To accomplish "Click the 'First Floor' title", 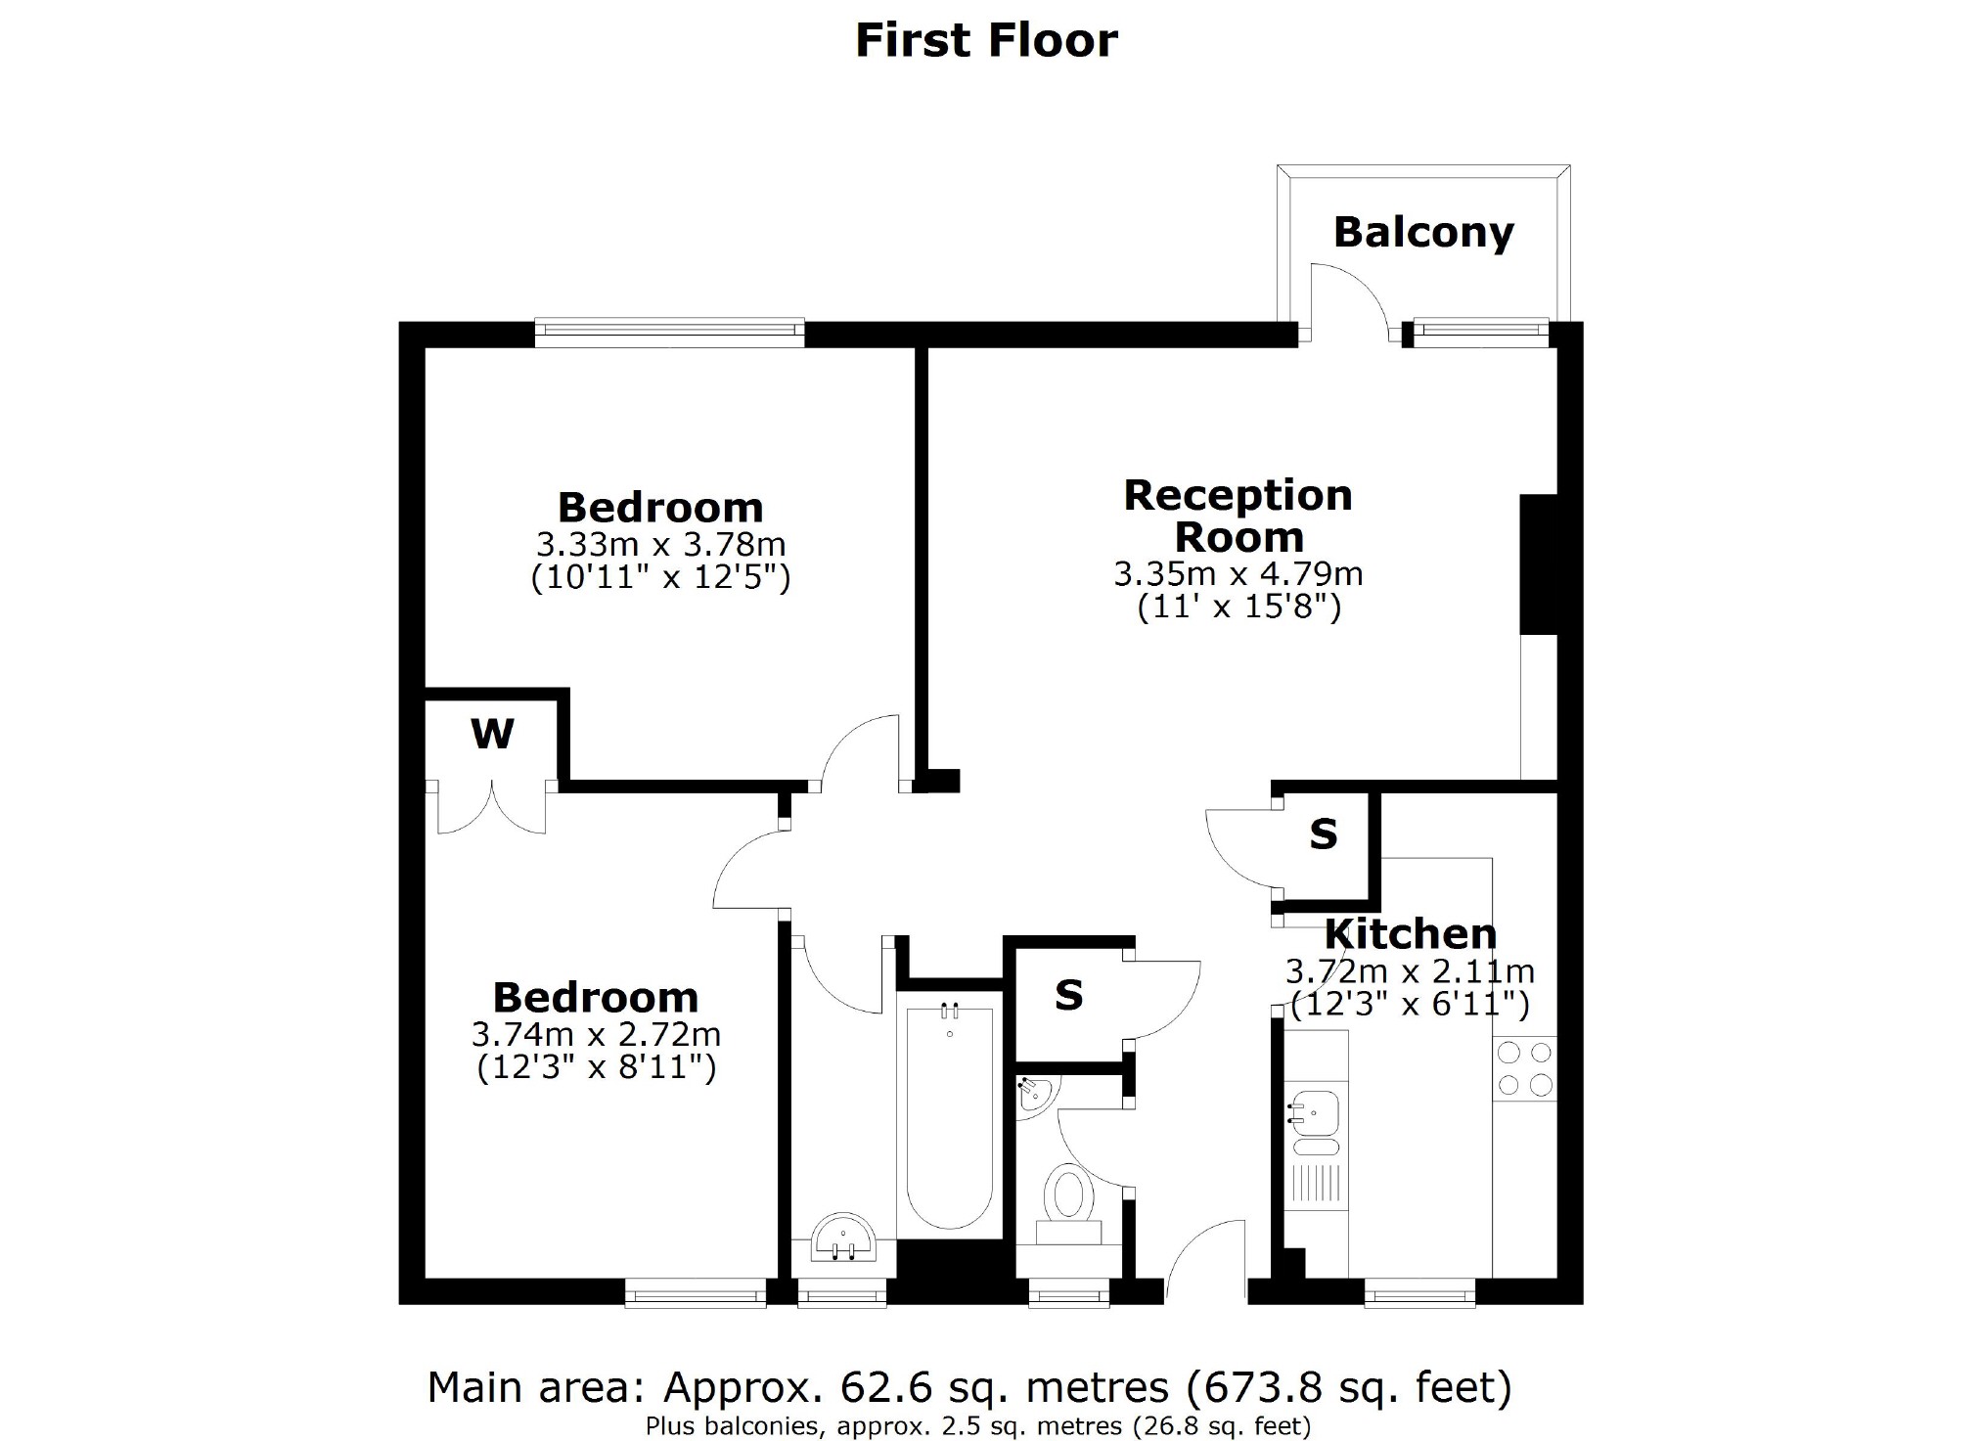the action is pyautogui.click(x=986, y=41).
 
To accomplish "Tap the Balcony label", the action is pyautogui.click(x=1423, y=233).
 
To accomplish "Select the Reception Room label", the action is pyautogui.click(x=1238, y=516).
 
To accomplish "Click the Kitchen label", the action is pyautogui.click(x=1411, y=934).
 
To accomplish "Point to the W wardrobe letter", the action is pyautogui.click(x=492, y=734).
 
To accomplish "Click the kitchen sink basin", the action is pyautogui.click(x=1314, y=1110).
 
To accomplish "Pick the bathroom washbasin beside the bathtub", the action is pyautogui.click(x=842, y=1238).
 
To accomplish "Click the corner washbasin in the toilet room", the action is pyautogui.click(x=1033, y=1094).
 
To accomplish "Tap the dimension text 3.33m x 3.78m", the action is pyautogui.click(x=660, y=544).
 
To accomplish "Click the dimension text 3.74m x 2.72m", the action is pyautogui.click(x=596, y=1034).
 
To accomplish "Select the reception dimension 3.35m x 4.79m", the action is pyautogui.click(x=1238, y=573).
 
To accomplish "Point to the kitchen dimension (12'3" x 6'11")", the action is pyautogui.click(x=1410, y=1005).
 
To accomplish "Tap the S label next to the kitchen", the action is pyautogui.click(x=1323, y=834).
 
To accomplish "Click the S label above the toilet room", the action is pyautogui.click(x=1068, y=996).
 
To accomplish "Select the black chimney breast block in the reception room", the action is pyautogui.click(x=1537, y=564).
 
